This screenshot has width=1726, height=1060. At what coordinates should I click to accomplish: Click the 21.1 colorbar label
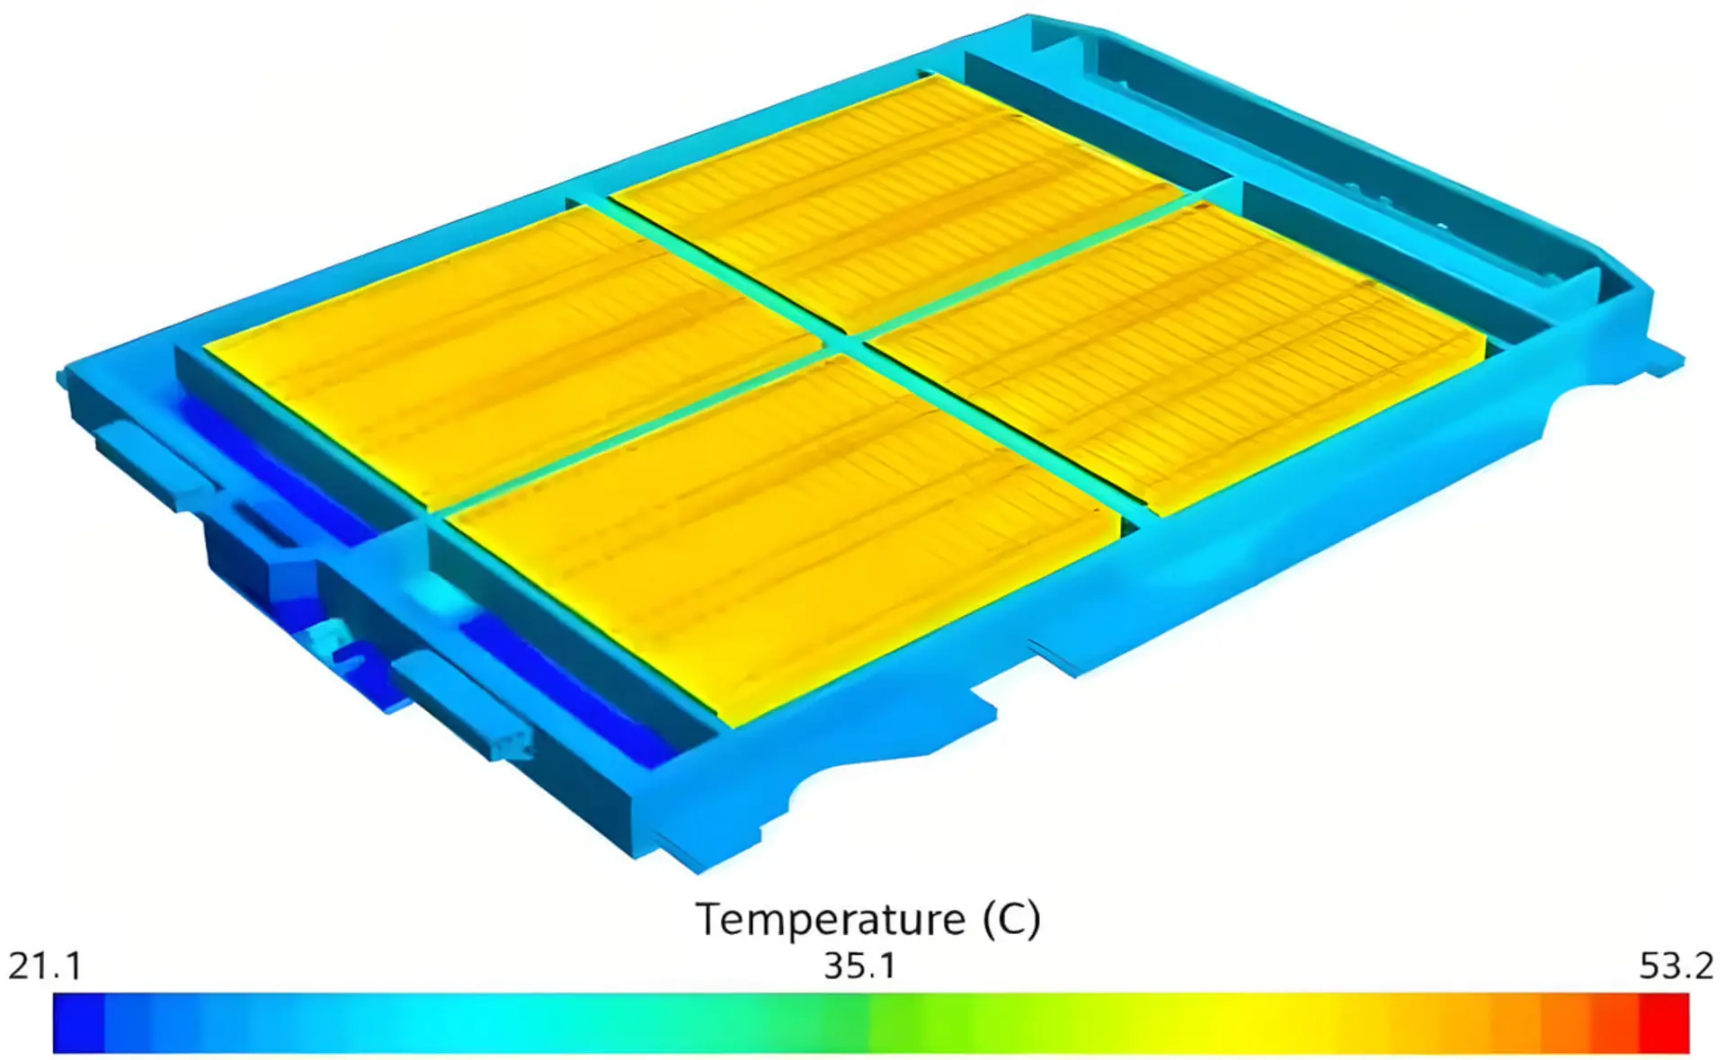coord(45,966)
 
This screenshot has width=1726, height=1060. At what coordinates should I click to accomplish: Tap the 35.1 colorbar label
coord(860,966)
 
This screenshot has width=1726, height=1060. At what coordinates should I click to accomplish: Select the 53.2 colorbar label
coord(1677,966)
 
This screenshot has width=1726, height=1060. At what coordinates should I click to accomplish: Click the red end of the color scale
coord(1664,1022)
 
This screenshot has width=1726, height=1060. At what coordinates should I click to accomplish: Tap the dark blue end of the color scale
coord(79,1022)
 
